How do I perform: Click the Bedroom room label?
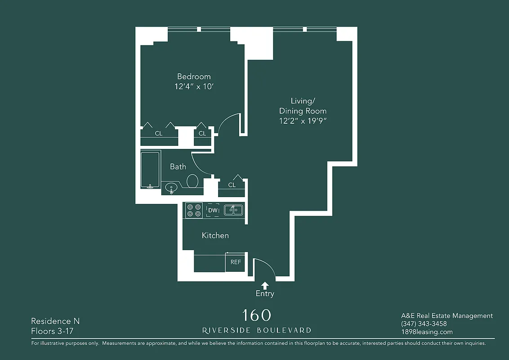193,76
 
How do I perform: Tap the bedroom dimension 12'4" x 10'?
193,86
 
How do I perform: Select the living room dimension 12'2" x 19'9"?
303,121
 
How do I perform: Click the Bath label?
178,166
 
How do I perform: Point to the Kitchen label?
215,235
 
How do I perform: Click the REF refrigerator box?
236,262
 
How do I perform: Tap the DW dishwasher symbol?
213,210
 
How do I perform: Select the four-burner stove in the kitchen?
194,210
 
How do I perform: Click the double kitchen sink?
233,210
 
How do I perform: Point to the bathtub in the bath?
150,170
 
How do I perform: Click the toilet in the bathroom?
192,181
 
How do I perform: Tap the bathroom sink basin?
171,187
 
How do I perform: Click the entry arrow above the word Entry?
265,285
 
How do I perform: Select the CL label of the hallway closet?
232,185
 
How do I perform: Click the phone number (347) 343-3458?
424,324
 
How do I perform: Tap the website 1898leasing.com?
427,332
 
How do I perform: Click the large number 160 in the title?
256,315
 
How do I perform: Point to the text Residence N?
55,321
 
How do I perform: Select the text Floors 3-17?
52,332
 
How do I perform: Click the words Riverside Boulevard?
256,330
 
